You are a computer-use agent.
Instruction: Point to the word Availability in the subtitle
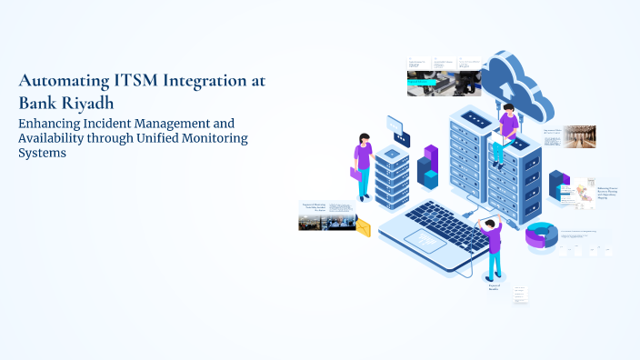click(55, 138)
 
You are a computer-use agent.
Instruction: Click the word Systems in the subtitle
click(43, 154)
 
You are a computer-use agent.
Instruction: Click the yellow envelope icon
click(364, 227)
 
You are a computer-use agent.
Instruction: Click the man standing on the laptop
click(492, 247)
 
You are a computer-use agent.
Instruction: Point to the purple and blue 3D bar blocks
click(427, 167)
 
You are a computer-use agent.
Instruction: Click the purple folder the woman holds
click(355, 172)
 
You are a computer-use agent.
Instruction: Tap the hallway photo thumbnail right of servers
click(578, 136)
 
